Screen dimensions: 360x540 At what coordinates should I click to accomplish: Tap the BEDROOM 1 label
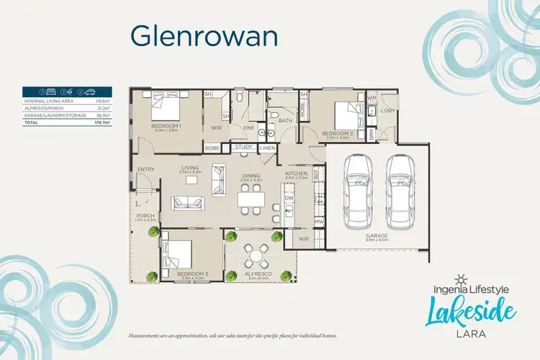tap(166, 126)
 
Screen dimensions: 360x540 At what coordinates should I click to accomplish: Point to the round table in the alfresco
tap(256, 254)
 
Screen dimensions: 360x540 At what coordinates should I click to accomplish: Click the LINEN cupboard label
tap(268, 148)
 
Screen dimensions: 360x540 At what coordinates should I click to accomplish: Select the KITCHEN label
tap(297, 174)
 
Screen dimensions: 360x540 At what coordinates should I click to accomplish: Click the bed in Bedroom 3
tap(178, 254)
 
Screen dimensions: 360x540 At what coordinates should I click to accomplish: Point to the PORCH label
tap(145, 215)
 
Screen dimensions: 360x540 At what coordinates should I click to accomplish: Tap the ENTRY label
tap(145, 170)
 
